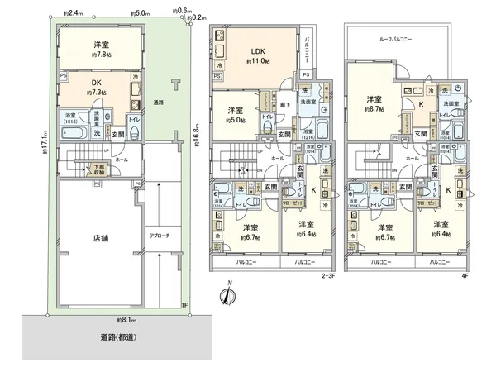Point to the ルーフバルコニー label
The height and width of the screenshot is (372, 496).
(x=395, y=39)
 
